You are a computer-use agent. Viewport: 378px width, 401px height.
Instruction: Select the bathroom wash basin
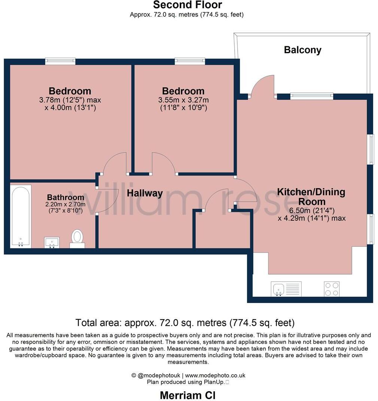click(x=52, y=242)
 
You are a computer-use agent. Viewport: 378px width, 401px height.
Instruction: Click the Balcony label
click(x=302, y=50)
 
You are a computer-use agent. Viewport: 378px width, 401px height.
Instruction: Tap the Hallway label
click(x=144, y=193)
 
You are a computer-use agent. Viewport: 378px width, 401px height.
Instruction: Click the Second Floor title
click(x=188, y=5)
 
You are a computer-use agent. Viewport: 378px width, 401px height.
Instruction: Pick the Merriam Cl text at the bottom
click(x=188, y=395)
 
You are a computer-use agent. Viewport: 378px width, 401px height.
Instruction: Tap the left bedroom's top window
click(x=60, y=61)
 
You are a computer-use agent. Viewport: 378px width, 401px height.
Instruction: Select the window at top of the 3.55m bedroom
click(x=190, y=61)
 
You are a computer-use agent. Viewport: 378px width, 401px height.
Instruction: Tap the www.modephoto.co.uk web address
click(x=215, y=375)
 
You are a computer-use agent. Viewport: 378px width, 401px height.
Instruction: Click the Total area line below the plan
click(x=185, y=322)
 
